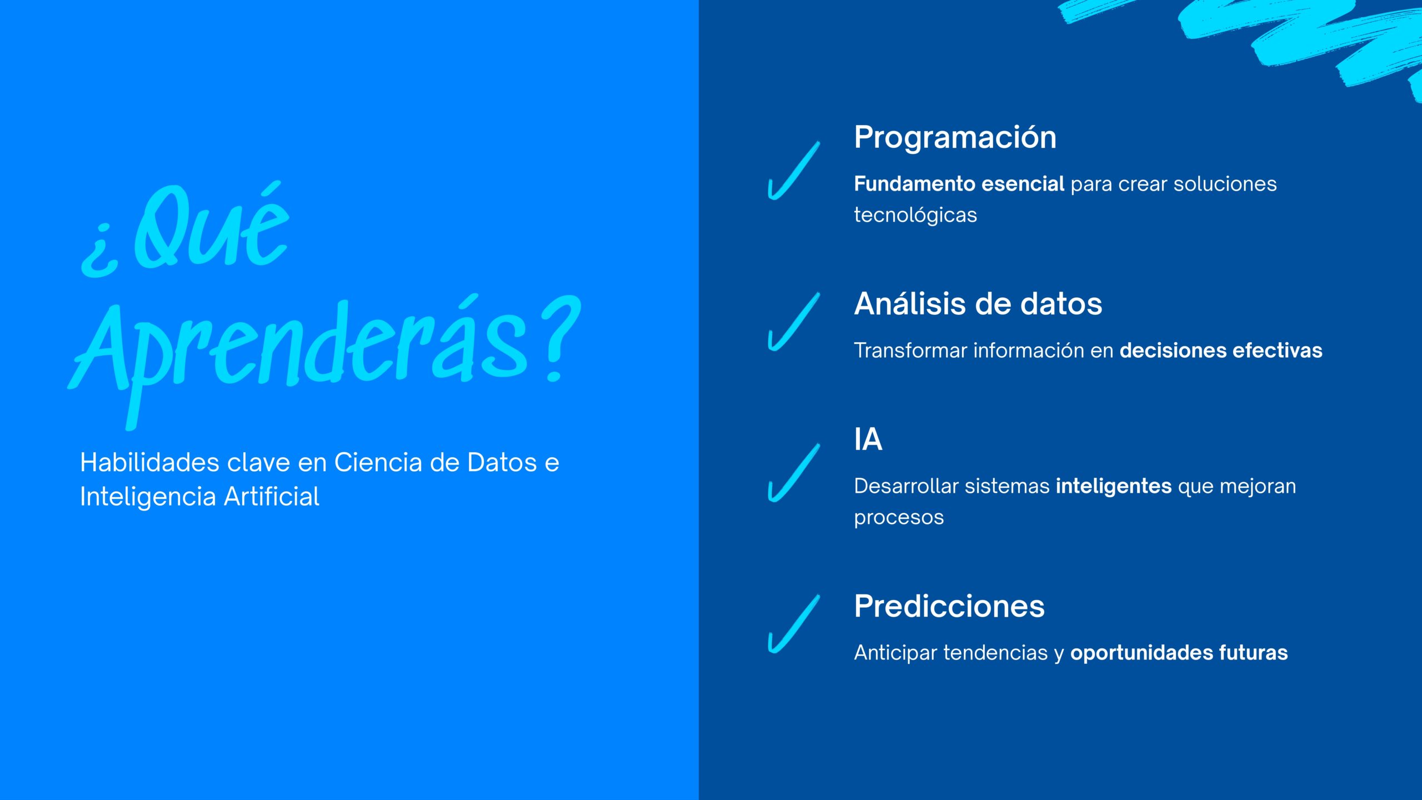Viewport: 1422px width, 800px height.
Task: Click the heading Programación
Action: [955, 138]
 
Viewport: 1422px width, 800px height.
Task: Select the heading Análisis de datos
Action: [978, 303]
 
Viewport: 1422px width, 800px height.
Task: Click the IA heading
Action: [868, 439]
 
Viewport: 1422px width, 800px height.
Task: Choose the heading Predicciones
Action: [949, 606]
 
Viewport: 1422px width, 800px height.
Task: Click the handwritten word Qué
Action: [212, 227]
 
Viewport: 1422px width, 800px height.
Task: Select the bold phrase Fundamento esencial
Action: [959, 183]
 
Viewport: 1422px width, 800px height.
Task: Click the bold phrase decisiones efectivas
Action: [1221, 351]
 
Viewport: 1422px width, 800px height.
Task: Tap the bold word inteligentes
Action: [1114, 486]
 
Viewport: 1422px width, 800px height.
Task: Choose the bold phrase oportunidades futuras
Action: [1179, 653]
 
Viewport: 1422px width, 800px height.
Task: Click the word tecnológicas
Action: [915, 216]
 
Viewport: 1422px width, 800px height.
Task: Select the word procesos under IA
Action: [899, 518]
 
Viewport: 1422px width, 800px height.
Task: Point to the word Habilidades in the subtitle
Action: [149, 462]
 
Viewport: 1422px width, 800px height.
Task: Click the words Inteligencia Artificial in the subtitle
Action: [199, 497]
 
